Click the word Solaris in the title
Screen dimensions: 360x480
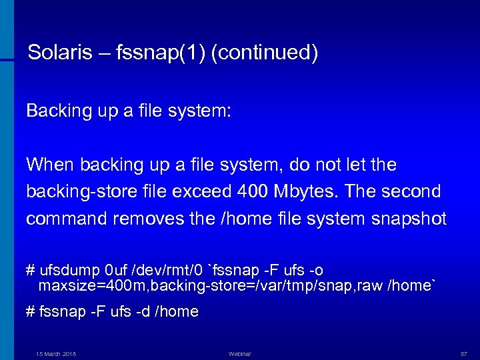pyautogui.click(x=57, y=53)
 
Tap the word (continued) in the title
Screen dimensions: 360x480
pyautogui.click(x=264, y=53)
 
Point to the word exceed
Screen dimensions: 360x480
pyautogui.click(x=201, y=192)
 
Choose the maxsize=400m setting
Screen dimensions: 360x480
pyautogui.click(x=79, y=286)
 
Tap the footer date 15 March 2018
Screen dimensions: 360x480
pyautogui.click(x=56, y=353)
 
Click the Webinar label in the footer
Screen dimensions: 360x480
pyautogui.click(x=240, y=353)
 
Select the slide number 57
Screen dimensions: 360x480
pyautogui.click(x=464, y=353)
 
